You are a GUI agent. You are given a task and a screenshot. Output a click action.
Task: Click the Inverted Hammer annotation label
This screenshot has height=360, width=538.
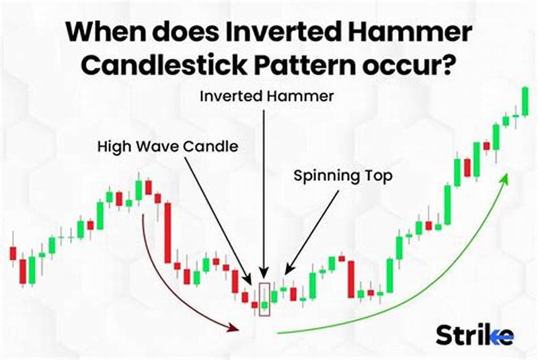[267, 96]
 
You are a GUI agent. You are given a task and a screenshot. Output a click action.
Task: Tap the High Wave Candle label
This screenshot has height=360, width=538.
[167, 145]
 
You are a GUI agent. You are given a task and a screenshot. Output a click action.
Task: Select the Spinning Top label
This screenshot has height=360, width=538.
[342, 176]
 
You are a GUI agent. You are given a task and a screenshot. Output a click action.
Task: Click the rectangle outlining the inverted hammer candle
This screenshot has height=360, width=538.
[264, 299]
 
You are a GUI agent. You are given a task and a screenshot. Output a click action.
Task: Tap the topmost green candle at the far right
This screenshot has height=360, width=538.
[525, 101]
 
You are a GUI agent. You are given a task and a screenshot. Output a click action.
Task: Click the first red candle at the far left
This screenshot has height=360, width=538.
[12, 254]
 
